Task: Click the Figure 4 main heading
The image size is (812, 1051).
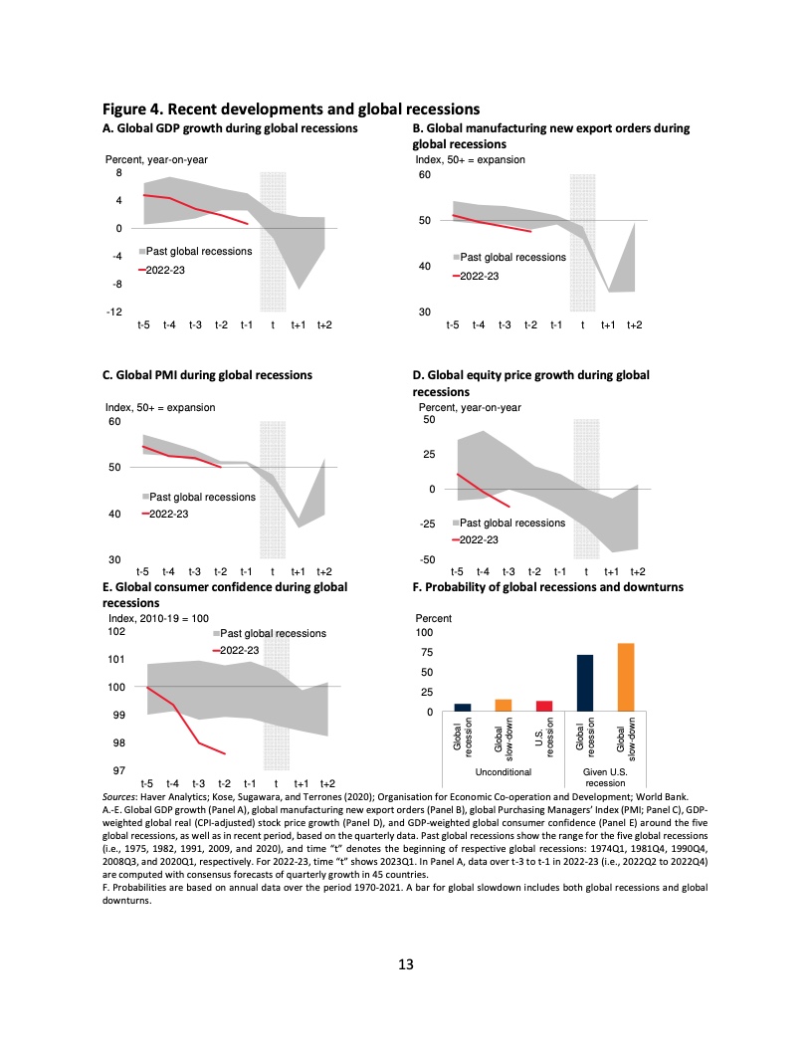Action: coord(292,108)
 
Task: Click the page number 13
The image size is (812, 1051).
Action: coord(405,963)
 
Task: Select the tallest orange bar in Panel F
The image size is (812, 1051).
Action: coord(626,677)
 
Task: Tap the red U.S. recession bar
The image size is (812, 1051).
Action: coord(543,706)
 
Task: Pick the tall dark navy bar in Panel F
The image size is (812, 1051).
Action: coord(585,683)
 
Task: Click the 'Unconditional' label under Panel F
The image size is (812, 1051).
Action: coord(504,771)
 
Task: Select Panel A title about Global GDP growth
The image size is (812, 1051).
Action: coord(230,128)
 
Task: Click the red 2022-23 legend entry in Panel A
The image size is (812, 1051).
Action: coord(164,269)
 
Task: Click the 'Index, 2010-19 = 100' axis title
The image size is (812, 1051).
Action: coord(157,619)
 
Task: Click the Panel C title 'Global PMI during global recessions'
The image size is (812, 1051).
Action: coord(207,375)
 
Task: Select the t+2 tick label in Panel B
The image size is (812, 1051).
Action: coord(633,325)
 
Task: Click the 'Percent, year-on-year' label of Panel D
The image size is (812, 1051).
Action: coord(470,407)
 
